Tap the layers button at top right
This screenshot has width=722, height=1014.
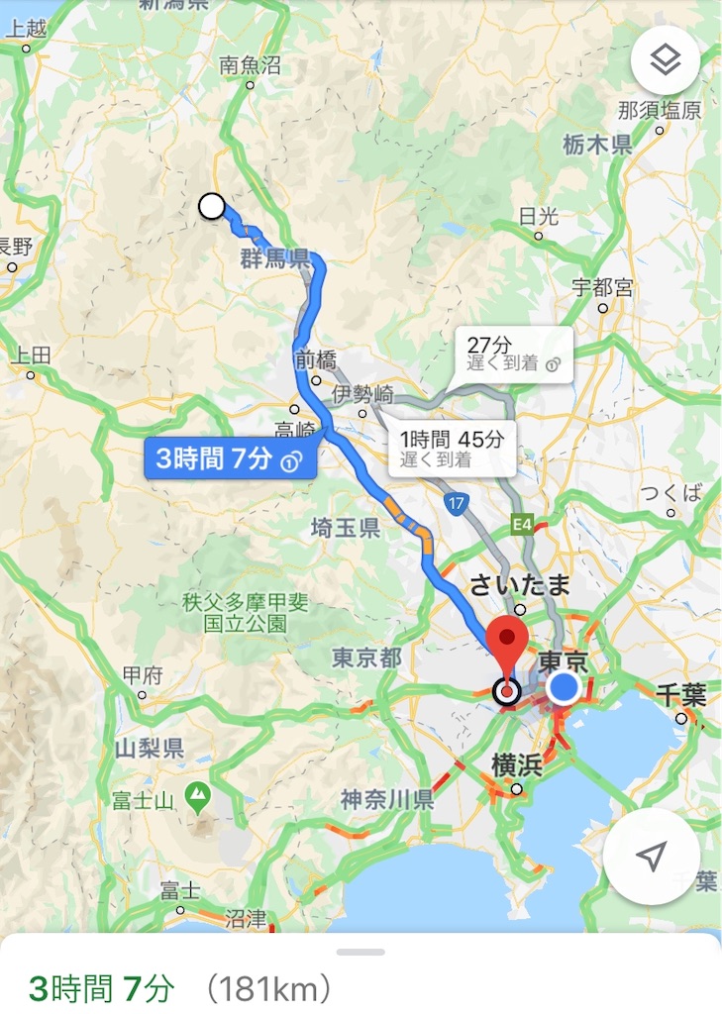pyautogui.click(x=665, y=61)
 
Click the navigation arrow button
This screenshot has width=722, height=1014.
pyautogui.click(x=651, y=857)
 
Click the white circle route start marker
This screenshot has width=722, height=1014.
pyautogui.click(x=212, y=206)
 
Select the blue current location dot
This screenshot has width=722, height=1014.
pyautogui.click(x=565, y=687)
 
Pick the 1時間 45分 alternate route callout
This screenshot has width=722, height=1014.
pyautogui.click(x=452, y=448)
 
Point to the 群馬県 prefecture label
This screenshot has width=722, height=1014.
pyautogui.click(x=274, y=259)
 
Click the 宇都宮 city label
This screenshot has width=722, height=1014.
pyautogui.click(x=602, y=288)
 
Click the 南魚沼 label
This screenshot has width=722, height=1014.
pyautogui.click(x=250, y=66)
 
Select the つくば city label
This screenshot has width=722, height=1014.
pyautogui.click(x=670, y=493)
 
